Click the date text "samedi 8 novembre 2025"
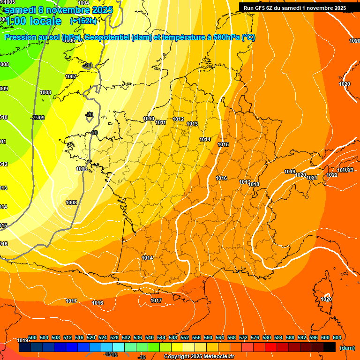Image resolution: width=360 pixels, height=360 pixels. coord(59,9)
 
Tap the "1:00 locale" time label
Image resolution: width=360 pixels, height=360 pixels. coord(33,21)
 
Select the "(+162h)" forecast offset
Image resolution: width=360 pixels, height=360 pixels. coord(83,21)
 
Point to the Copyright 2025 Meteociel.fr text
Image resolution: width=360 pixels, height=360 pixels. coord(199,357)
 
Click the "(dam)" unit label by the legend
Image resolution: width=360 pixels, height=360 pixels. coord(347,348)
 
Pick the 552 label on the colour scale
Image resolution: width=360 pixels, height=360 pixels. coord(185,337)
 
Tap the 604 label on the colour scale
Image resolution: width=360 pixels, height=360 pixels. coord(337,337)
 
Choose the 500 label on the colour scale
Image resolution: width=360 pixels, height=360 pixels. coord(32,337)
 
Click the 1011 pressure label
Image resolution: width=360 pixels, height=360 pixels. coord(160,122)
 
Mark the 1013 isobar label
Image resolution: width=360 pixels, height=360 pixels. coord(192,124)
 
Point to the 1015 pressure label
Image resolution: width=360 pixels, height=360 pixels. coord(223,144)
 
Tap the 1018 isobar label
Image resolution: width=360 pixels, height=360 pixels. coord(254,184)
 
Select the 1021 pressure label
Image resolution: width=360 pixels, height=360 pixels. coord(312,178)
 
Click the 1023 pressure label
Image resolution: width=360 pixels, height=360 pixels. coord(348,170)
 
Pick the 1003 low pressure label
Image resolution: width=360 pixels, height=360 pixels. coord(82,169)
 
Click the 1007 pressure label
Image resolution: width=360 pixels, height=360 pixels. coord(71,76)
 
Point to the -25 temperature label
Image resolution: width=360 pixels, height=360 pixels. coord(35,118)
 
